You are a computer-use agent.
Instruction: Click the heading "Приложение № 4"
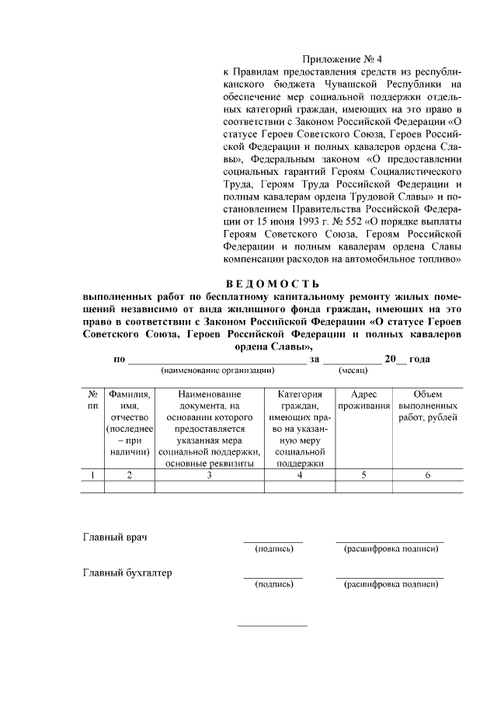pos(342,57)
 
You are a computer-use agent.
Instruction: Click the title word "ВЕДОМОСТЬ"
pos(271,283)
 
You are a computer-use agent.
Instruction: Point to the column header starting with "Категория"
pos(299,428)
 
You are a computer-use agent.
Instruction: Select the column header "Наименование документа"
pos(209,428)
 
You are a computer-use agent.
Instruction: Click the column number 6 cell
pos(427,475)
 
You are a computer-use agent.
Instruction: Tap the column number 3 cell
pos(209,475)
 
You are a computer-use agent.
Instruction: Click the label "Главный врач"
pos(115,538)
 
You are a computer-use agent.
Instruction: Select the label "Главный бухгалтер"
pos(127,573)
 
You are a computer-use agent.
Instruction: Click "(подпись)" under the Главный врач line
pos(273,549)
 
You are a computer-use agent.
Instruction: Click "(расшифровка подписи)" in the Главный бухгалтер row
pos(391,584)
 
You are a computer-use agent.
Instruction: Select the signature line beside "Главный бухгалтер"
pos(273,576)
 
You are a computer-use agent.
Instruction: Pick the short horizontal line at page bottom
pos(272,625)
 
